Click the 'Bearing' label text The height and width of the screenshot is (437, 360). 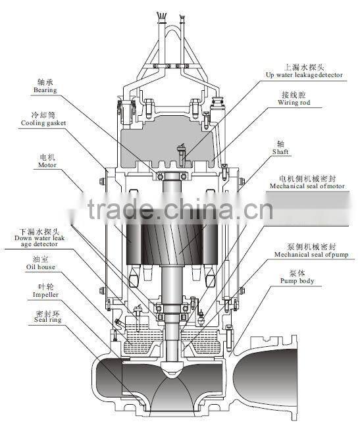[45, 90]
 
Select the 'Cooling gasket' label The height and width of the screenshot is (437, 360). [43, 123]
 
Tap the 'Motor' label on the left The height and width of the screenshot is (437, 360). [47, 165]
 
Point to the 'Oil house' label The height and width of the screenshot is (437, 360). [41, 267]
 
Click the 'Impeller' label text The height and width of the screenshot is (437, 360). [45, 295]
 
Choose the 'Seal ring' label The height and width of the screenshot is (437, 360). [47, 320]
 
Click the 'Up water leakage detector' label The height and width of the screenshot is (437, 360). [304, 75]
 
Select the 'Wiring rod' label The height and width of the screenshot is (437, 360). [294, 102]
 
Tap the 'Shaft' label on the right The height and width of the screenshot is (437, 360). [280, 152]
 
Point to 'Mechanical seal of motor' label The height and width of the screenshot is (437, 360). [307, 186]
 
